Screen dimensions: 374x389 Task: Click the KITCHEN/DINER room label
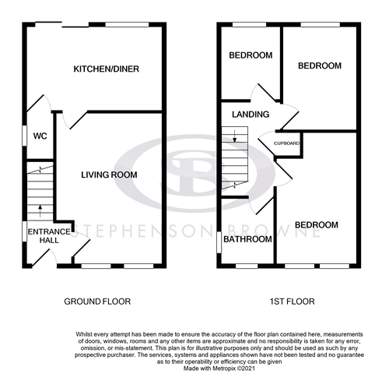106,69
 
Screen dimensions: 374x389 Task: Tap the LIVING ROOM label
108,175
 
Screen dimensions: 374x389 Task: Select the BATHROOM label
247,239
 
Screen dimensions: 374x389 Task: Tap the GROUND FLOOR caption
98,302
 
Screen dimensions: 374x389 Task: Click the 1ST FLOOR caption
287,302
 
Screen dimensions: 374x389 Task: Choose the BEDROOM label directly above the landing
250,55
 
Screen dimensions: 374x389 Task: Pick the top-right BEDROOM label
320,66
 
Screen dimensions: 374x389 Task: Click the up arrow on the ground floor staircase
39,208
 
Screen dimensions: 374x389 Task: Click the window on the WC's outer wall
23,136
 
